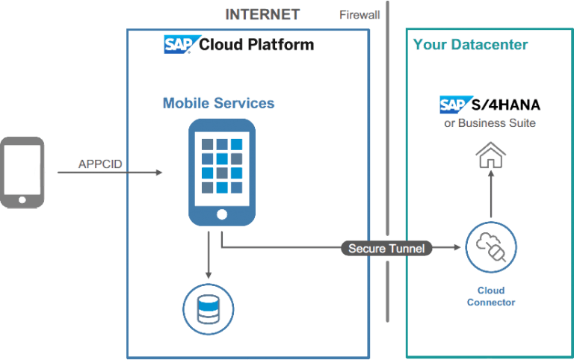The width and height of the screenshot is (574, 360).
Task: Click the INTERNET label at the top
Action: click(x=262, y=14)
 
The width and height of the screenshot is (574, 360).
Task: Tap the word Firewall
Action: click(x=360, y=14)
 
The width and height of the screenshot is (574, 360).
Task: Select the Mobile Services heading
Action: click(x=218, y=103)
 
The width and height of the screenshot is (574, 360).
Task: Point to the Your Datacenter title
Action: click(x=470, y=45)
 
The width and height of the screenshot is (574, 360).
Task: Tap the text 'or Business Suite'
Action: click(x=490, y=122)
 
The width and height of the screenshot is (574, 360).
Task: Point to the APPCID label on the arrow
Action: click(x=99, y=164)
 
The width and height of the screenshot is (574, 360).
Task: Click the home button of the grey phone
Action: click(x=22, y=199)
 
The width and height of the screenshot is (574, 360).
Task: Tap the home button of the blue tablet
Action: click(x=221, y=214)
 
